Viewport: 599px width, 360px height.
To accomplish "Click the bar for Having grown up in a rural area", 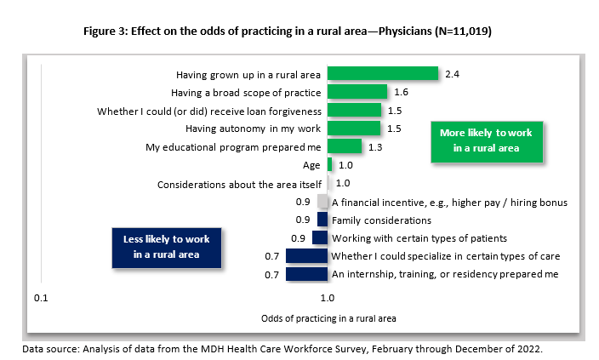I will click(383, 74).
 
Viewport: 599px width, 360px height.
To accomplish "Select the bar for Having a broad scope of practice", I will click(357, 92).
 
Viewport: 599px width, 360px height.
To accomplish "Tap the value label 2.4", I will click(452, 74).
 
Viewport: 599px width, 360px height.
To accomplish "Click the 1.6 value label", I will click(402, 92).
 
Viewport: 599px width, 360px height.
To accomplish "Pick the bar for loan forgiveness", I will click(354, 111).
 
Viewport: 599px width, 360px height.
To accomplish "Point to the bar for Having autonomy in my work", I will click(354, 129).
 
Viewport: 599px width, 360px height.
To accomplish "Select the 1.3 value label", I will click(376, 147).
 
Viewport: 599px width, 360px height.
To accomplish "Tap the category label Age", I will click(311, 165).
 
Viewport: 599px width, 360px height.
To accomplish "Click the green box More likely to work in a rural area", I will click(485, 140).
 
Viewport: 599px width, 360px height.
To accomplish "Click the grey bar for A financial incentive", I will click(322, 202).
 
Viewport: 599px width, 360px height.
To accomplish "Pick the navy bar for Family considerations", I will click(322, 220).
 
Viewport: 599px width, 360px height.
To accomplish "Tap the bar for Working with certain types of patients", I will click(321, 237).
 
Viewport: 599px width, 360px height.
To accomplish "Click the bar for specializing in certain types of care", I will click(307, 256).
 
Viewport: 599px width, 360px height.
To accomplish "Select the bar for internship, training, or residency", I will click(307, 274).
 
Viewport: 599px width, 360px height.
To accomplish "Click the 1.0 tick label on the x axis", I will click(327, 300).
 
